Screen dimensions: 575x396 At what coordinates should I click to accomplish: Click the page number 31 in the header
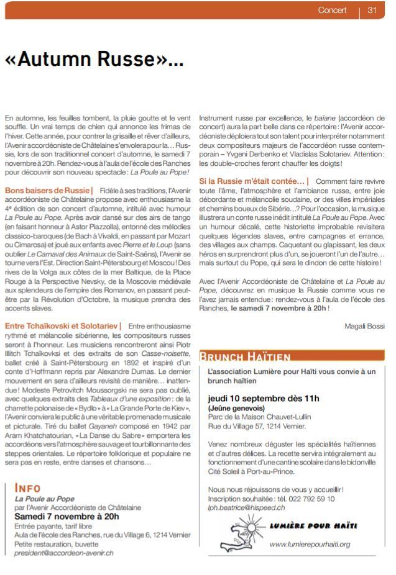pyautogui.click(x=372, y=10)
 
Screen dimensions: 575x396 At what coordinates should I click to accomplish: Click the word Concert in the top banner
pyautogui.click(x=332, y=10)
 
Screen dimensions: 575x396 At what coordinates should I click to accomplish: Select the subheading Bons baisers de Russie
pyautogui.click(x=48, y=189)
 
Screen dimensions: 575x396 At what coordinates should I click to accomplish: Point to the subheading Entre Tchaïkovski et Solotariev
pyautogui.click(x=63, y=325)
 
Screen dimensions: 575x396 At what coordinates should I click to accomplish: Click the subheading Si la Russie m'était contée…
pyautogui.click(x=254, y=181)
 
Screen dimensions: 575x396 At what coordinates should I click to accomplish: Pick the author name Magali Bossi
pyautogui.click(x=364, y=326)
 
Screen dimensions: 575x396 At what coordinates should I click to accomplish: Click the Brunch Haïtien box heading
pyautogui.click(x=246, y=356)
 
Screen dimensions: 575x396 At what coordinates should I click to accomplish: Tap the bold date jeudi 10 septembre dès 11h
pyautogui.click(x=264, y=398)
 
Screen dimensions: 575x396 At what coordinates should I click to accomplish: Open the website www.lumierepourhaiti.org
pyautogui.click(x=310, y=545)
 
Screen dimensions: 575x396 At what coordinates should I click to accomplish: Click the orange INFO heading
pyautogui.click(x=28, y=488)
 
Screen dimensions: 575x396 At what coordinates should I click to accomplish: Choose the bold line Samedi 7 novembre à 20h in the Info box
pyautogui.click(x=67, y=516)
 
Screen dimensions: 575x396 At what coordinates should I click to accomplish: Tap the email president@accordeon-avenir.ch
pyautogui.click(x=64, y=552)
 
